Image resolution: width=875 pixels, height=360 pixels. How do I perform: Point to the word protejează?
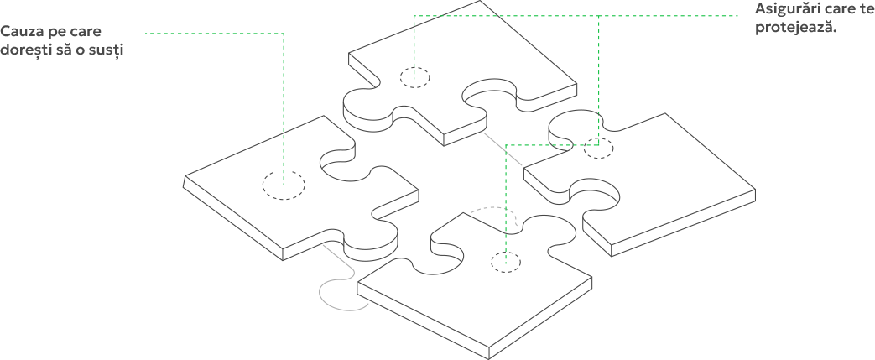pyautogui.click(x=797, y=28)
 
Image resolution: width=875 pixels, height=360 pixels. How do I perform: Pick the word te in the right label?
pyautogui.click(x=867, y=9)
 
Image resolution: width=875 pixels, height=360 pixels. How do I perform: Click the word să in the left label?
pyautogui.click(x=61, y=50)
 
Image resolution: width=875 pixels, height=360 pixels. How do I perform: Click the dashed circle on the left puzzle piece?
pyautogui.click(x=284, y=185)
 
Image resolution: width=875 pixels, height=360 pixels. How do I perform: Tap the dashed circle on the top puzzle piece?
pyautogui.click(x=414, y=77)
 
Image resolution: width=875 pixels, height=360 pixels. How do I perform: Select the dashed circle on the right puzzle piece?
pyautogui.click(x=598, y=149)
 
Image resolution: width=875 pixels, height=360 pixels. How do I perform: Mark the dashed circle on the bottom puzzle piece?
pyautogui.click(x=506, y=262)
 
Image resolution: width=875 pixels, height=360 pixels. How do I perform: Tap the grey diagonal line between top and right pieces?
pyautogui.click(x=503, y=149)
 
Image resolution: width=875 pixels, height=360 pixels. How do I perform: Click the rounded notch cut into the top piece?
pyautogui.click(x=490, y=92)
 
